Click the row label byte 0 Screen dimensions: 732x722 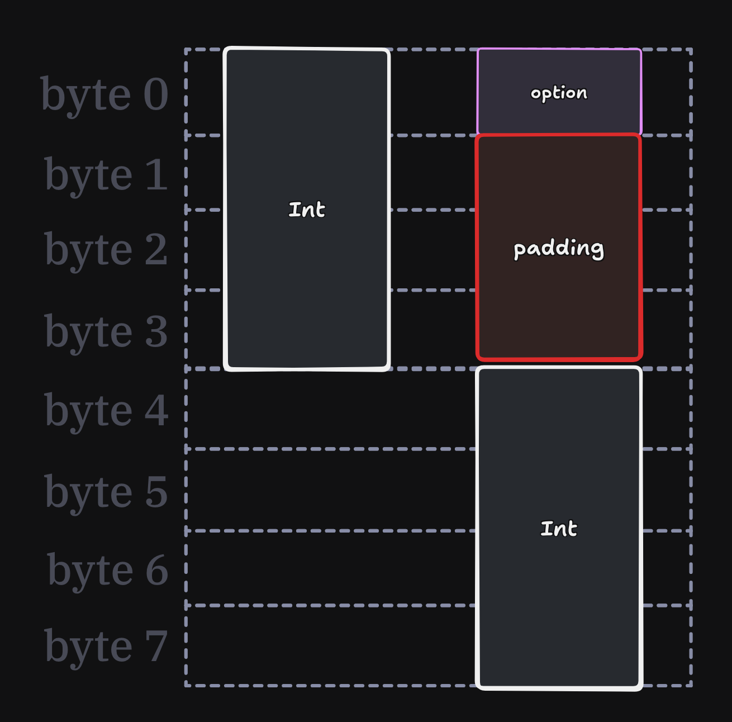pyautogui.click(x=104, y=95)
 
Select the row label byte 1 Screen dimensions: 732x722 pyautogui.click(x=106, y=175)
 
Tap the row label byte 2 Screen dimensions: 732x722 pyautogui.click(x=106, y=250)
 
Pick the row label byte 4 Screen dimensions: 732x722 pyautogui.click(x=106, y=411)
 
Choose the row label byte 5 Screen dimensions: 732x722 pyautogui.click(x=106, y=493)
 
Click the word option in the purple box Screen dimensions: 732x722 pyautogui.click(x=559, y=93)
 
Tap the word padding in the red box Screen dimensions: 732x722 pyautogui.click(x=559, y=249)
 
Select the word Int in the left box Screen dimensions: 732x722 pyautogui.click(x=307, y=210)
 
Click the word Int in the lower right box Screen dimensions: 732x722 pyautogui.click(x=559, y=529)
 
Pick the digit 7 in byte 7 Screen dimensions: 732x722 pyautogui.click(x=156, y=646)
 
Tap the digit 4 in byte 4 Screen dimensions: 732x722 pyautogui.click(x=156, y=410)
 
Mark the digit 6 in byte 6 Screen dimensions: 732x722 pyautogui.click(x=156, y=570)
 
